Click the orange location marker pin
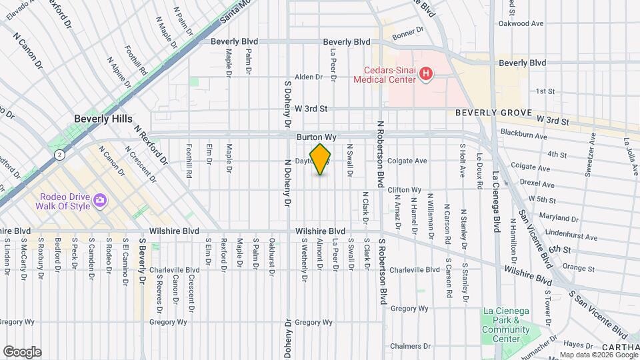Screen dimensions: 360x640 pyautogui.click(x=321, y=159)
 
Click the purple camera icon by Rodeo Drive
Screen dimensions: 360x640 pyautogui.click(x=100, y=199)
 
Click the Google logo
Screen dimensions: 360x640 pyautogui.click(x=22, y=351)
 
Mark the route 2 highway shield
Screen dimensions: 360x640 pyautogui.click(x=60, y=155)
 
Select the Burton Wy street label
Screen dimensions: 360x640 pyautogui.click(x=315, y=137)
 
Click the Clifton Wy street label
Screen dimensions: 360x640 pyautogui.click(x=405, y=190)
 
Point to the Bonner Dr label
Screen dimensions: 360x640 pyautogui.click(x=408, y=30)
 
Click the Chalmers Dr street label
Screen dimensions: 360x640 pyautogui.click(x=411, y=346)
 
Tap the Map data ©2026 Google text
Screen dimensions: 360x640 pyautogui.click(x=597, y=355)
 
